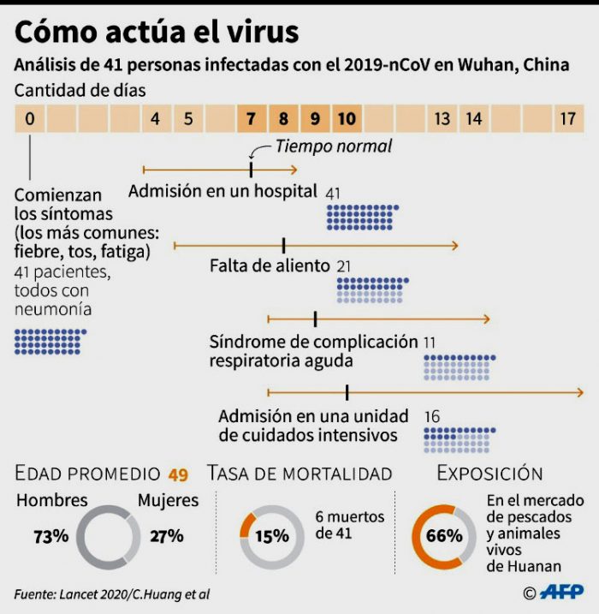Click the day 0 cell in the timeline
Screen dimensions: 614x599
[30, 119]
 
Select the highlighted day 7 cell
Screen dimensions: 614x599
[251, 119]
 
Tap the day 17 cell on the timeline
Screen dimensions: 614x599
[567, 119]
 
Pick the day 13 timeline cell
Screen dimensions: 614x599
[442, 119]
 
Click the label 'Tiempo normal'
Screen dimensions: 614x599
[333, 146]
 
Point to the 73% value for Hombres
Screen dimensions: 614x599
[50, 537]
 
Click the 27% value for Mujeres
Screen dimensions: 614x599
[166, 537]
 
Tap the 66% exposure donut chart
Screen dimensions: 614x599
[444, 537]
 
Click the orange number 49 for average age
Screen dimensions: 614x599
[178, 474]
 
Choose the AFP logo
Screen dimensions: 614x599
[561, 592]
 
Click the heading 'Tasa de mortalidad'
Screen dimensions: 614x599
[299, 474]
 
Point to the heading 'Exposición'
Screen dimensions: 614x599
[489, 474]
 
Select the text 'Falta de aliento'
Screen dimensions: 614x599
[270, 266]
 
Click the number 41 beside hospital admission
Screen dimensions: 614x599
[334, 192]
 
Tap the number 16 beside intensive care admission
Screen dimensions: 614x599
[432, 416]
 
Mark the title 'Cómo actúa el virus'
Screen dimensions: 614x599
[157, 32]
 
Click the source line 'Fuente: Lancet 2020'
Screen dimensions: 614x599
[111, 593]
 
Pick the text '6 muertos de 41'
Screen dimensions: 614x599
[349, 525]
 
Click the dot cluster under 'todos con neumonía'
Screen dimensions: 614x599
[50, 341]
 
